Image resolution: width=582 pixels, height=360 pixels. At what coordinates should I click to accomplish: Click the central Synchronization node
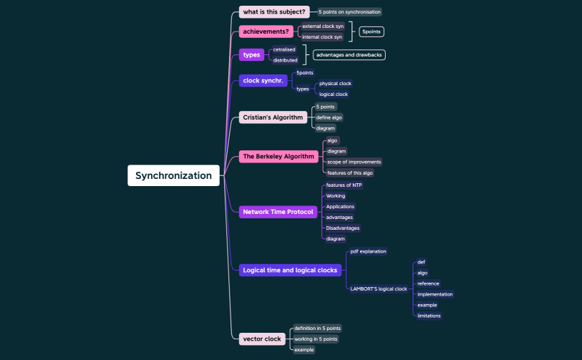173,175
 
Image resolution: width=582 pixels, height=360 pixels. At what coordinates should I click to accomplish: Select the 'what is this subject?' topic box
274,11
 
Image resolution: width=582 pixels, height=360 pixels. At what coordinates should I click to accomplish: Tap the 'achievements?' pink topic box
266,31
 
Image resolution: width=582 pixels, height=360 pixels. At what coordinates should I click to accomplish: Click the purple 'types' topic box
251,55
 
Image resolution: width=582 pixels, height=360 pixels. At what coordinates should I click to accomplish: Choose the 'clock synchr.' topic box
263,81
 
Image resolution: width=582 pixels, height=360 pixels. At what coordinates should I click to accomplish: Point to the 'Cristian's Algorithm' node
273,117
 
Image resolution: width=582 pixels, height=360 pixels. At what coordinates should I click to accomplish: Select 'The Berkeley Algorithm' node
278,156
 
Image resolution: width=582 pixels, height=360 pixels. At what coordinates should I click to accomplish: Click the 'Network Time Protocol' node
278,212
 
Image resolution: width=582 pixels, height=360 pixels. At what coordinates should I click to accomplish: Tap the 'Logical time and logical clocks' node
290,270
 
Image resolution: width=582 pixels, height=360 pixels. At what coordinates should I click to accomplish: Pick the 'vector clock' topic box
262,339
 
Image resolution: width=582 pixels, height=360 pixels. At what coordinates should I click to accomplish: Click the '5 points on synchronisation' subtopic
349,11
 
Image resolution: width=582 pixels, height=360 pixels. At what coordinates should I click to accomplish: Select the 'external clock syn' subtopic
322,26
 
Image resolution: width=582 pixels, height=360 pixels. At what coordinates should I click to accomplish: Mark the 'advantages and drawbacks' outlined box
349,55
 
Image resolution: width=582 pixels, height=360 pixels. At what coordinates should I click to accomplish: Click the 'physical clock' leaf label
335,84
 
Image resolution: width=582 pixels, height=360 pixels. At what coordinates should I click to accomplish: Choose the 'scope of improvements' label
354,162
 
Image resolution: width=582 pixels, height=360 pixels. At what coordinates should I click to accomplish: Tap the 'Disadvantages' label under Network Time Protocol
342,228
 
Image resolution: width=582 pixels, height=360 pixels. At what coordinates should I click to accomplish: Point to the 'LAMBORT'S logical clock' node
378,288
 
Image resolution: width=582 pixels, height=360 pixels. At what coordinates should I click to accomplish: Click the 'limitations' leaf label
429,316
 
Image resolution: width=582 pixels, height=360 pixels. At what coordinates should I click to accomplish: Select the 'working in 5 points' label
316,339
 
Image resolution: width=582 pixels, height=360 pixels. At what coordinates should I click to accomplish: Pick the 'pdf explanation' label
368,251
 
